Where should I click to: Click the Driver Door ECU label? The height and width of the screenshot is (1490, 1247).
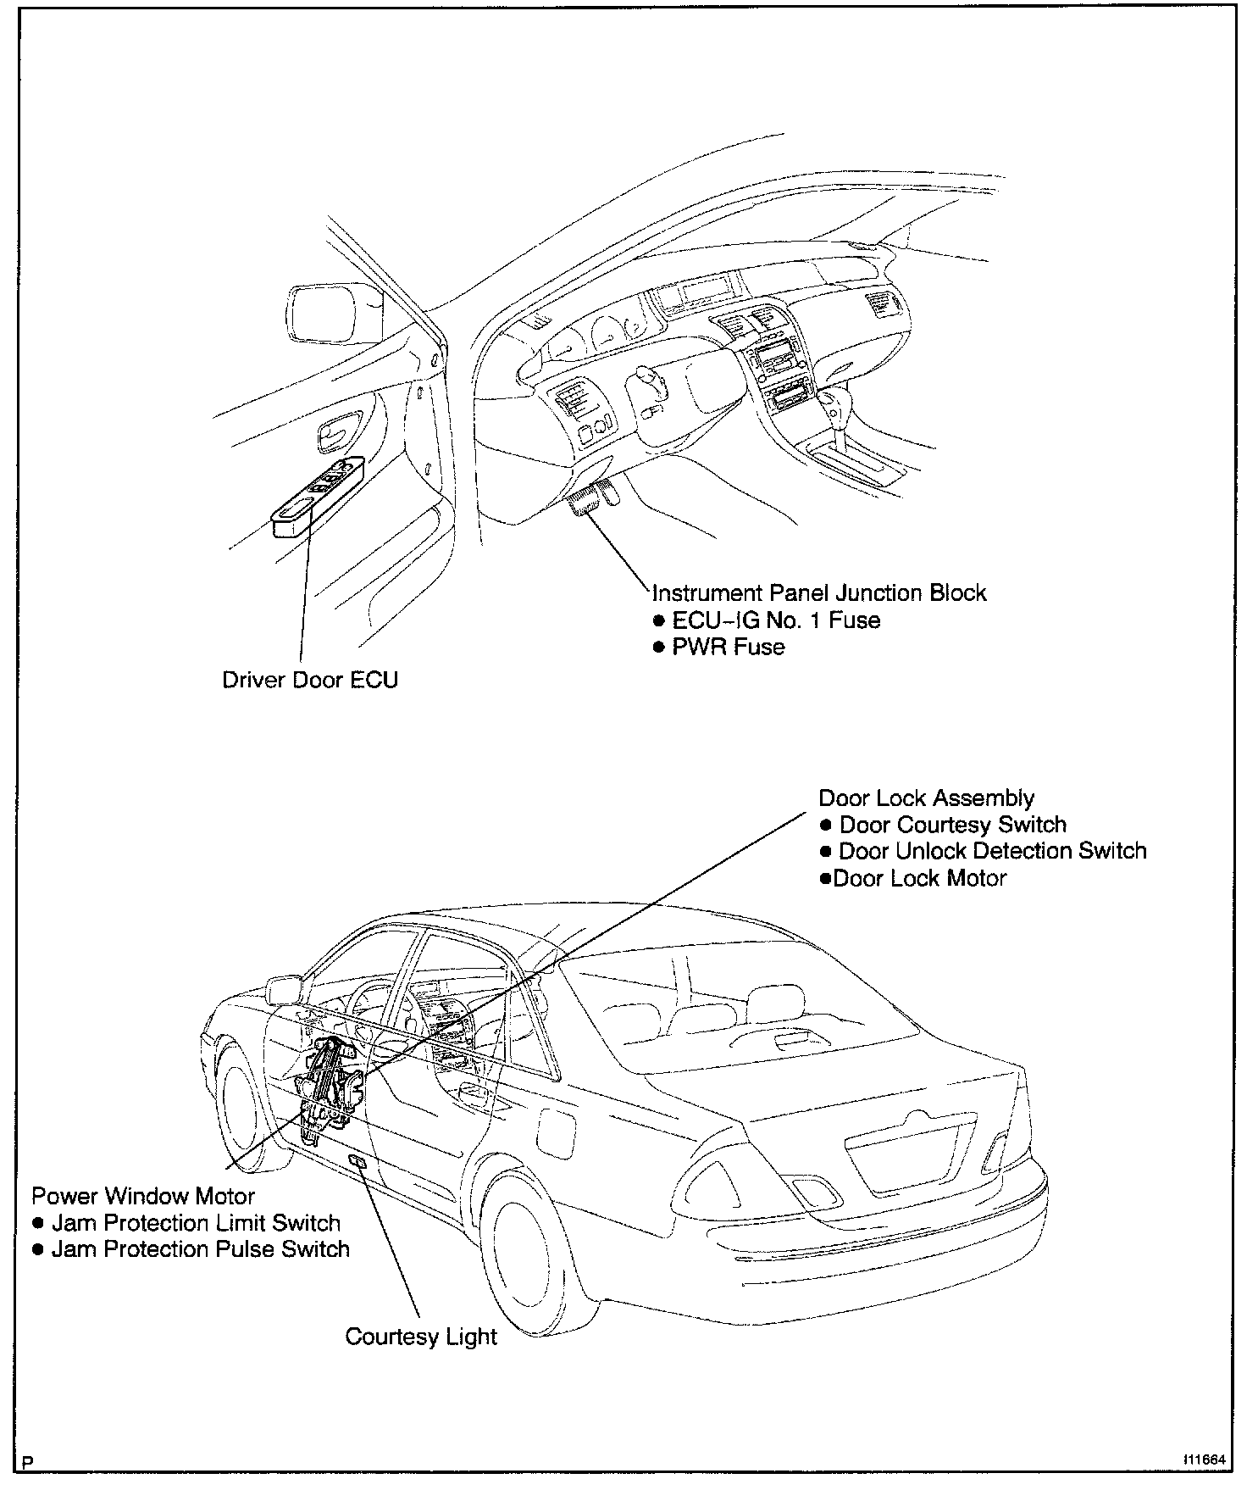point(310,680)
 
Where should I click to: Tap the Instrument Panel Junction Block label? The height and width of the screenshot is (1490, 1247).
point(819,592)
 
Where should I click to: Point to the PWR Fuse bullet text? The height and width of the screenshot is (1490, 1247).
point(728,647)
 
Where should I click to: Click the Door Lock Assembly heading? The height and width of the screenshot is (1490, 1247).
point(926,798)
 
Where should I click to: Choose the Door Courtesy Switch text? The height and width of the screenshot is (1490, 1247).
point(952,824)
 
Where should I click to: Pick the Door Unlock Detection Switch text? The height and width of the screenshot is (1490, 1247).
point(992,850)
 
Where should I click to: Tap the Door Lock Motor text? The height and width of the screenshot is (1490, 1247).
point(919,877)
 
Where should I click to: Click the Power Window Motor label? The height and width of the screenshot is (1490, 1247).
point(143,1196)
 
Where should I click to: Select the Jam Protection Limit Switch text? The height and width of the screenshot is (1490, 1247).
point(196,1223)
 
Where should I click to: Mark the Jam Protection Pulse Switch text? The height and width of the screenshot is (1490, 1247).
point(200,1248)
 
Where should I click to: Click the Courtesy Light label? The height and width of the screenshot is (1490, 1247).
point(421,1337)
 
